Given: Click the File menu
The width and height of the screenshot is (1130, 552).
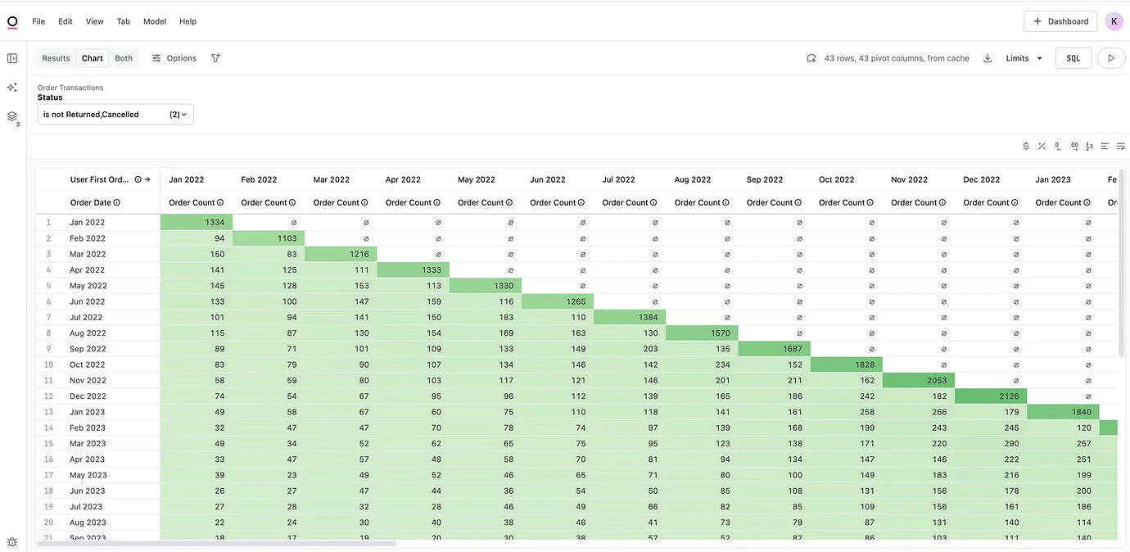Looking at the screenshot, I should pos(38,21).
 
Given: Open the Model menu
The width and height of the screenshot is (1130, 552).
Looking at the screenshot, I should pos(155,21).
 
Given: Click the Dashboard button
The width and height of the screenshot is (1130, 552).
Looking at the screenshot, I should pos(1060,21).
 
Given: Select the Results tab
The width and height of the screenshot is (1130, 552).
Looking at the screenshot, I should pos(56,58).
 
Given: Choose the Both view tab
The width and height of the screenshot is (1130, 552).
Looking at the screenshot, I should pos(124,58).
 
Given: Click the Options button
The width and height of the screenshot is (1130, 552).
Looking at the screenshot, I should pos(174,58).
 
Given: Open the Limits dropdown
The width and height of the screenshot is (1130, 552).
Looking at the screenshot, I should pos(1024,58).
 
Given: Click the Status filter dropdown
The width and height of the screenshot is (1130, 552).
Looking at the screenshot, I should pos(115,115).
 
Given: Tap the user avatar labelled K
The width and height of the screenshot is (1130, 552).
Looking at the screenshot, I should pos(1114,21).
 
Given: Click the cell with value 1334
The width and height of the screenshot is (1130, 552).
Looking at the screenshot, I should pos(197,223).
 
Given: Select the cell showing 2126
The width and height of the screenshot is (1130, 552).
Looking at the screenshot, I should pos(991,396).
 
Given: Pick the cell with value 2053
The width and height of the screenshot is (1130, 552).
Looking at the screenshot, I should pos(919,381).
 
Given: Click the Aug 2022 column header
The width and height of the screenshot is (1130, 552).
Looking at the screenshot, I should pos(693,179).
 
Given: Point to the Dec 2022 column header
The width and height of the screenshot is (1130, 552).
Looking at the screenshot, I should pos(981,179).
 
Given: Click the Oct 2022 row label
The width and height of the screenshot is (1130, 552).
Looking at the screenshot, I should pos(88,365).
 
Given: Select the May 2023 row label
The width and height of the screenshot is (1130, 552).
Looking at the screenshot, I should pos(88,475).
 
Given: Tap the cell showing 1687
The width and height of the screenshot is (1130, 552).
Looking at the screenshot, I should pos(775,349).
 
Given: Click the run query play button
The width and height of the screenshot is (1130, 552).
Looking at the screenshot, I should pos(1111,58).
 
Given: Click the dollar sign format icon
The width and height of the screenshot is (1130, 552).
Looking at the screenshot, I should pos(1026,147).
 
